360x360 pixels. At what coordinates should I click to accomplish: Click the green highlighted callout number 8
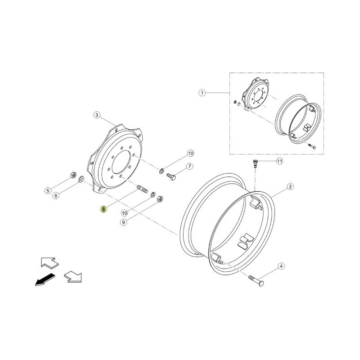(103, 209)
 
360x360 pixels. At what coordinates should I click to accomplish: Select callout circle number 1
(202, 93)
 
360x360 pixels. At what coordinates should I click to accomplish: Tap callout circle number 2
(290, 186)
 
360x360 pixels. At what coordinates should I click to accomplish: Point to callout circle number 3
(97, 115)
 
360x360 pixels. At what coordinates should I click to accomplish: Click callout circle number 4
(281, 266)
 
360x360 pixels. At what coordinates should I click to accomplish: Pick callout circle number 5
(48, 190)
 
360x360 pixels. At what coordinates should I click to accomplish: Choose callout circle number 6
(56, 196)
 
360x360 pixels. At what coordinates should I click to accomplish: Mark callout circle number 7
(189, 166)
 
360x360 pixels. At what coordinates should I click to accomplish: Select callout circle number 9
(123, 222)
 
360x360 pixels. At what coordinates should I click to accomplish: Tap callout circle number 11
(279, 161)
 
